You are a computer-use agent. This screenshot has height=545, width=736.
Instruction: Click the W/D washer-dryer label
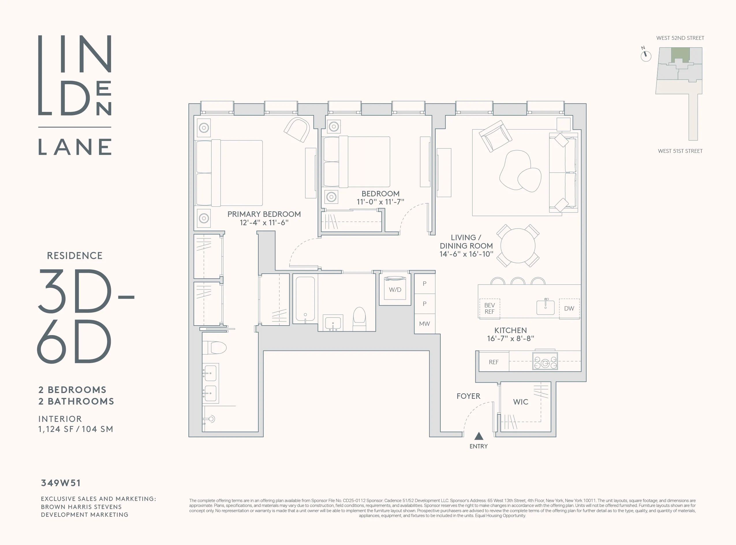395,290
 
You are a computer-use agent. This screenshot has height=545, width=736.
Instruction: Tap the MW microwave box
424,324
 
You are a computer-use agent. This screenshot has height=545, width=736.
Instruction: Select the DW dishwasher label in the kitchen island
569,309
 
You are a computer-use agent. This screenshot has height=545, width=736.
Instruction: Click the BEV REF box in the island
489,309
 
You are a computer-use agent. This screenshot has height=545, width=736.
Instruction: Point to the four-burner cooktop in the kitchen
545,362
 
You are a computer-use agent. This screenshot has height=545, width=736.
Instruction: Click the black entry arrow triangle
479,437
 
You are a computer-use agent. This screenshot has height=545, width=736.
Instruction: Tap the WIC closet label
520,402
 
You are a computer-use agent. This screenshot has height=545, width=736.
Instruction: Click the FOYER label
468,396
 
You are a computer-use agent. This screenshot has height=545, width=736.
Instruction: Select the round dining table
518,246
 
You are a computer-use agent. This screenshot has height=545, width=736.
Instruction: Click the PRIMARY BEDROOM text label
264,214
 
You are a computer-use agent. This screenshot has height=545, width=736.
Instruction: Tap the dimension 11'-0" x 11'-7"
380,202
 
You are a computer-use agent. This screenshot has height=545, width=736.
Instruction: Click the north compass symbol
646,55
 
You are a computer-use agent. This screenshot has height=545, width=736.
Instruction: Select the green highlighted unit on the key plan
680,53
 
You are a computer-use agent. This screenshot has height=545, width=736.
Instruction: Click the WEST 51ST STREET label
680,151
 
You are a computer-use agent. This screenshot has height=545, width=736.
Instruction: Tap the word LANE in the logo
75,147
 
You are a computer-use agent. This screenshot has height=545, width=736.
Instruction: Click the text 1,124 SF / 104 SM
76,429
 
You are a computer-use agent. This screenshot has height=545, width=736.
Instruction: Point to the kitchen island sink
545,307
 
